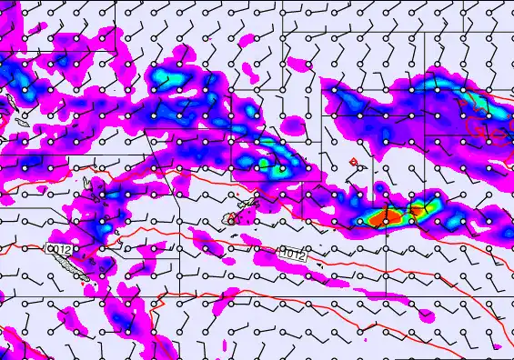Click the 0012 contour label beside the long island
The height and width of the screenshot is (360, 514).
pos(59,248)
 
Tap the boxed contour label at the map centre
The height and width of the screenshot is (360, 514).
pos(291,256)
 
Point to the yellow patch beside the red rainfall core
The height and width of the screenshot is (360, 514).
pos(418,211)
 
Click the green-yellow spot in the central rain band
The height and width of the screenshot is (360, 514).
pos(266,165)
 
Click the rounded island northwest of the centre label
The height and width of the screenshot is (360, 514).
pos(230,218)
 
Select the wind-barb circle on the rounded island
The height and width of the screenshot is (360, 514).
pos(230,220)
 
